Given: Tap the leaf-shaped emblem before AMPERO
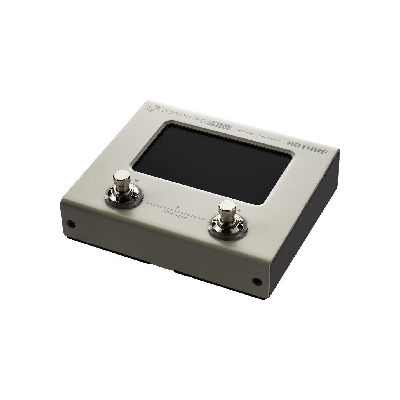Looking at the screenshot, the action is coord(154,108).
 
